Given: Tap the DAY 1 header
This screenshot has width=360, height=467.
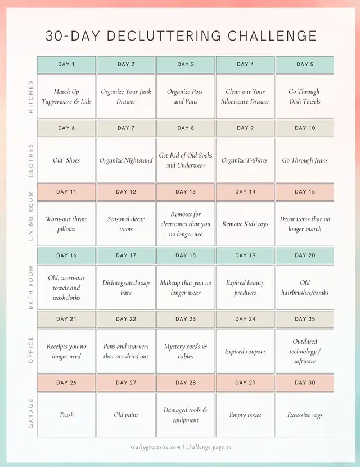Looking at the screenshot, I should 66,64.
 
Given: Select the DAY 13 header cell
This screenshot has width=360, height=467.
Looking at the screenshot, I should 186,192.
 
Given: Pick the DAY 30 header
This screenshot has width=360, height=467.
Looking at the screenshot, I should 305,383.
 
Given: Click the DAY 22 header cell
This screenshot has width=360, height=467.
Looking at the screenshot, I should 126,319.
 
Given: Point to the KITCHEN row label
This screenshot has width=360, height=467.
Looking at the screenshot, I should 31,96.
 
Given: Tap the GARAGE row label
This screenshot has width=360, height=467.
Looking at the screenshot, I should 31,414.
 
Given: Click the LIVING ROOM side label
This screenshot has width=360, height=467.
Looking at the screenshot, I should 31,216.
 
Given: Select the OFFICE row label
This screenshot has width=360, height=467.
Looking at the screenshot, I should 31,350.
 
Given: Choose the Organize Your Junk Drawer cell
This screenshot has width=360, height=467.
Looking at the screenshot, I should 126,97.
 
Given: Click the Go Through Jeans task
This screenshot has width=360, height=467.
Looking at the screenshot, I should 305,160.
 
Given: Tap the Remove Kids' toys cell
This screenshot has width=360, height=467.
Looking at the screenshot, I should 245,224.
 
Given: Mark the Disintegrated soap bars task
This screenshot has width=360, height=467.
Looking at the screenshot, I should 126,288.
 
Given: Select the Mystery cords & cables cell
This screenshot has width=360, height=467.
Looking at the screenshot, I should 186,351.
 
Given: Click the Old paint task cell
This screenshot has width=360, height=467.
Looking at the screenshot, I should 126,415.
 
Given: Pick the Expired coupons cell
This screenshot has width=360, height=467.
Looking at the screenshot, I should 245,352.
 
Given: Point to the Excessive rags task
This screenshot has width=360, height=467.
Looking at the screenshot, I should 305,415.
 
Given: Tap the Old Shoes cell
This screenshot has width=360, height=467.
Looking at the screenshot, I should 66,160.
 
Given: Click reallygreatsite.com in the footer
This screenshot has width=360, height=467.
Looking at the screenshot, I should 155,447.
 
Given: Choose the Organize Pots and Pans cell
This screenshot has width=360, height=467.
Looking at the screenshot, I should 186,97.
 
